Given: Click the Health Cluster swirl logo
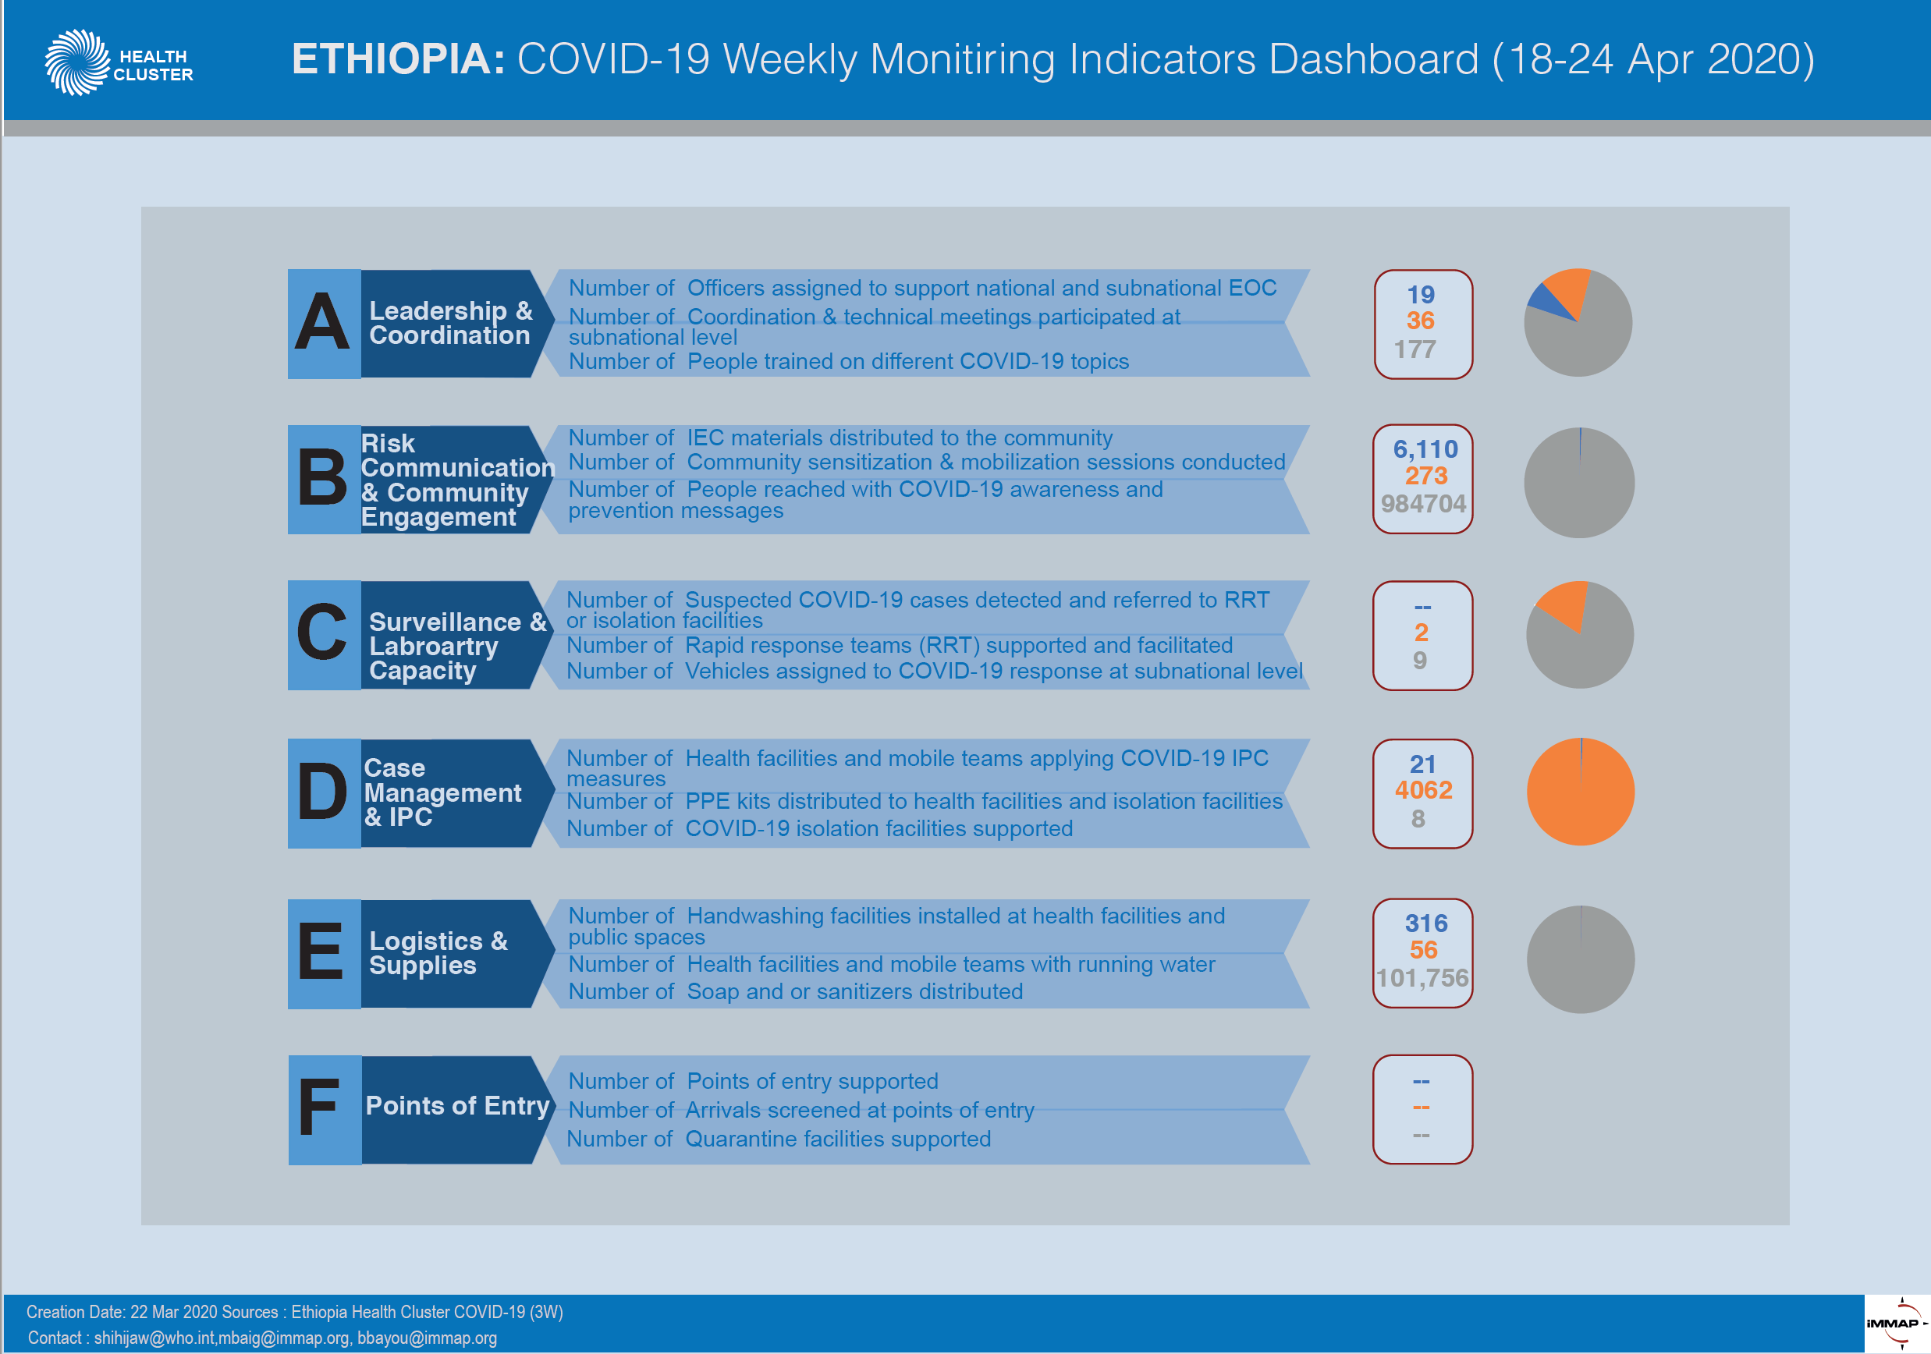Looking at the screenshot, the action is coord(76,62).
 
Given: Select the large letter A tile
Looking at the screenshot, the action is coord(324,324).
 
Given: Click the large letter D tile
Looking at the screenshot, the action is coord(324,793).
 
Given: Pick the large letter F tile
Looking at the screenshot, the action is coord(324,1110).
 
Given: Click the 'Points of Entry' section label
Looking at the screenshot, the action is coord(457,1105).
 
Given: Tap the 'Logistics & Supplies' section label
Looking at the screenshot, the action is coord(438,953).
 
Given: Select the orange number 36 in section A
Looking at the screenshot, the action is coord(1421,321).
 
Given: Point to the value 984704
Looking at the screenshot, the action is coord(1423,504).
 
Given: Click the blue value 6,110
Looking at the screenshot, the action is coord(1425,449).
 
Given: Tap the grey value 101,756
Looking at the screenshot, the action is coord(1422,978).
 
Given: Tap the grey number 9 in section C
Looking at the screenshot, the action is coord(1420,660).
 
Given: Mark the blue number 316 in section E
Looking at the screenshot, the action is coord(1426,923).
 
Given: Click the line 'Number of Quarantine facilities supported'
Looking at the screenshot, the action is coord(779,1139).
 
